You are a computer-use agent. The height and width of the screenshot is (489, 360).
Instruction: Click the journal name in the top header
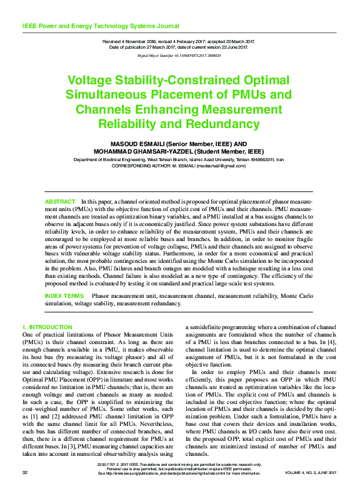tap(101, 26)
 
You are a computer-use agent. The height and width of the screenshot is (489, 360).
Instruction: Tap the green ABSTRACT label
tap(60, 202)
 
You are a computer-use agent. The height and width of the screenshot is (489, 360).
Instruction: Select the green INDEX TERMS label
tap(64, 295)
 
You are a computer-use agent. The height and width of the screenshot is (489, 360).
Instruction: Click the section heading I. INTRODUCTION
tap(47, 327)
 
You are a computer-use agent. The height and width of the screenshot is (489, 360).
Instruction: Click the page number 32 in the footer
tap(26, 473)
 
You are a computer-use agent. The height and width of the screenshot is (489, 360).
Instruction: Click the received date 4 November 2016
tap(134, 41)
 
